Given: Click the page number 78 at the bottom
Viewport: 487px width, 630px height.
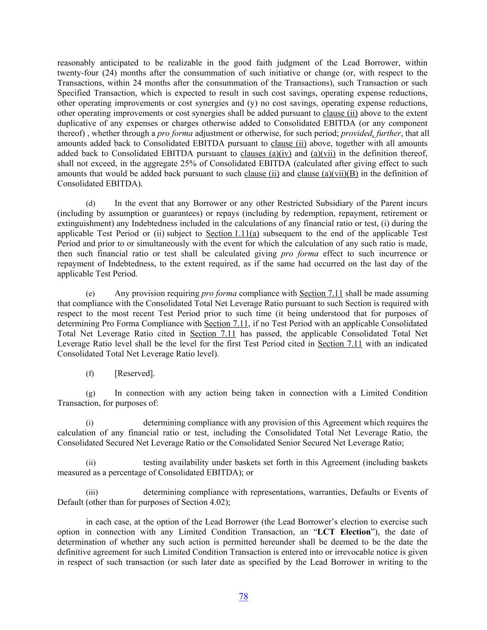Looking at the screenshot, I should point(243,596).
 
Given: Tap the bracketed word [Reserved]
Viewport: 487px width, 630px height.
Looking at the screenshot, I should point(134,373).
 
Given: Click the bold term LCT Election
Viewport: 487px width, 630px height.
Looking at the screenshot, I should point(344,532).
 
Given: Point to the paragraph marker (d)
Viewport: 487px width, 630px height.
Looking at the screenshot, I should point(90,204).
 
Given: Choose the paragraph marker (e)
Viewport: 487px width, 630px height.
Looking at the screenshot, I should point(90,294).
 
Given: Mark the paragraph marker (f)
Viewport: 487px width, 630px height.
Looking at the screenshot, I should point(90,373).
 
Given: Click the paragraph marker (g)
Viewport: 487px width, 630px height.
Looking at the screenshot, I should point(90,393).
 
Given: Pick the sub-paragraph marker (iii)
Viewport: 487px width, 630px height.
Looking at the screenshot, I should point(92,492).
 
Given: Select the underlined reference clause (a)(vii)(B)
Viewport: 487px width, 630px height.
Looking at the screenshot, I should point(327,174).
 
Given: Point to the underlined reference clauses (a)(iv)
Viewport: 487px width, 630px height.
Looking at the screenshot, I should point(266,153).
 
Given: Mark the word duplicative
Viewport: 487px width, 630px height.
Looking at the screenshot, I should point(77,123).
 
